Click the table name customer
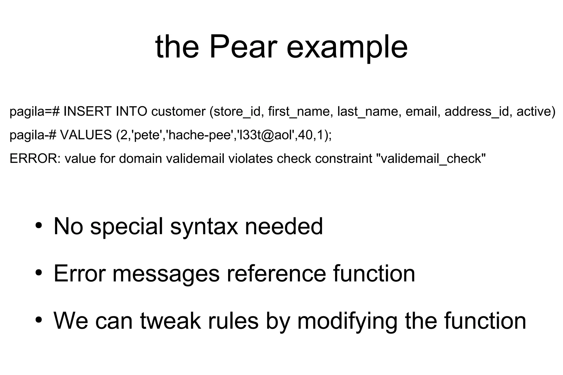pyautogui.click(x=178, y=112)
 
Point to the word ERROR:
pyautogui.click(x=35, y=159)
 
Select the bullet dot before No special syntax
pyautogui.click(x=39, y=226)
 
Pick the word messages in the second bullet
pyautogui.click(x=166, y=274)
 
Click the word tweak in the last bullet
pyautogui.click(x=170, y=321)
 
